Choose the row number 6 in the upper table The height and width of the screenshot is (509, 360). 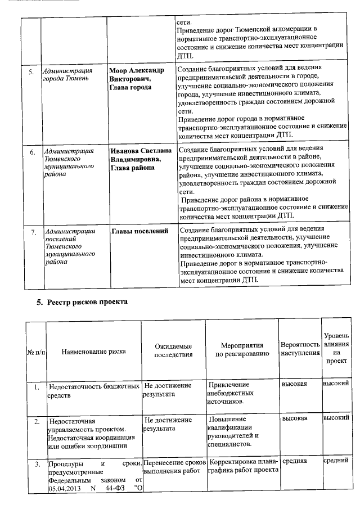coord(33,152)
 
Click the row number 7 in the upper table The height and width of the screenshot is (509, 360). coord(33,231)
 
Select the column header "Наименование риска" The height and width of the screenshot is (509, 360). coord(93,351)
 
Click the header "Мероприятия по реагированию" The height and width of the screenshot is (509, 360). coord(242,350)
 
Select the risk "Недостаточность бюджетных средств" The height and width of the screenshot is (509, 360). coord(93,390)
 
